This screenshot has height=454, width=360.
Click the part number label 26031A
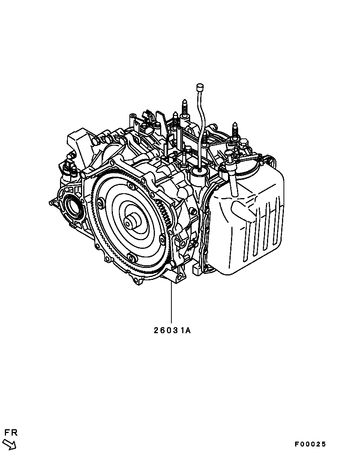click(172, 331)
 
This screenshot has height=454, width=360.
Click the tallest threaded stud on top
click(185, 109)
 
